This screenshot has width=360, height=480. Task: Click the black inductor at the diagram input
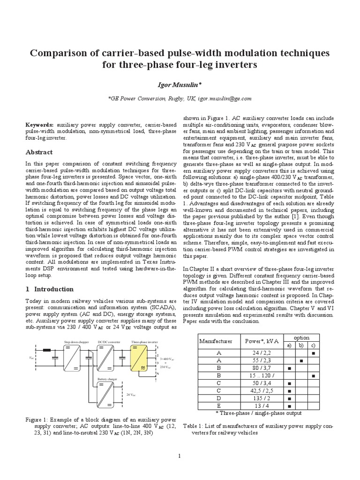pyautogui.click(x=47, y=350)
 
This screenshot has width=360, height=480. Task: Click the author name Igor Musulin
pyautogui.click(x=180, y=83)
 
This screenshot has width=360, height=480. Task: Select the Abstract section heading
pyautogui.click(x=38, y=152)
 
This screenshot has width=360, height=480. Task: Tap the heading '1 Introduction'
pyautogui.click(x=49, y=289)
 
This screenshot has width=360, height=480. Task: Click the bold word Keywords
pyautogui.click(x=40, y=126)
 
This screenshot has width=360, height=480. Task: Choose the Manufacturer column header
pyautogui.click(x=216, y=342)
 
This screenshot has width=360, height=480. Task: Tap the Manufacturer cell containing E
pyautogui.click(x=217, y=405)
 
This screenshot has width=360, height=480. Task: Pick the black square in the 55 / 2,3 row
pyautogui.click(x=301, y=360)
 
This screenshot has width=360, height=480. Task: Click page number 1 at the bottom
pyautogui.click(x=180, y=455)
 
